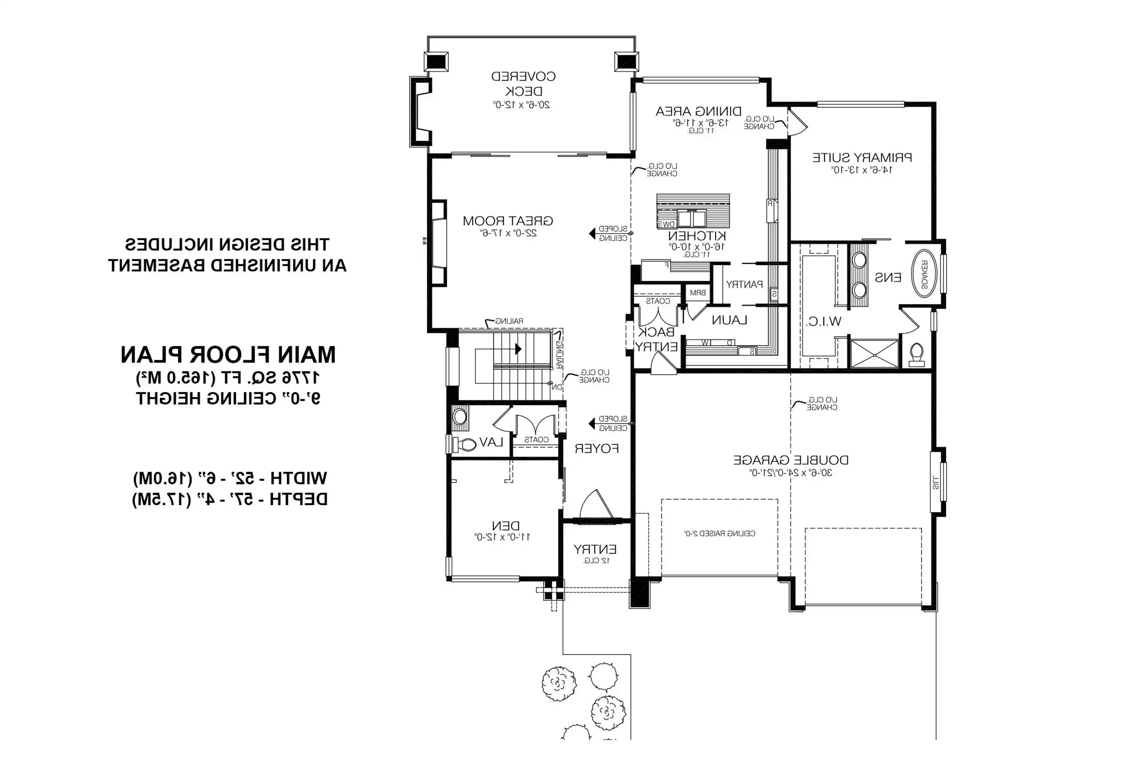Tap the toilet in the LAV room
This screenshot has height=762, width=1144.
[466, 444]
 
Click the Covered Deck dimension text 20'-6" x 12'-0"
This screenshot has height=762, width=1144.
[521, 105]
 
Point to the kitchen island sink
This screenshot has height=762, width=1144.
[692, 219]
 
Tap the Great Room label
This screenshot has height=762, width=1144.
[508, 221]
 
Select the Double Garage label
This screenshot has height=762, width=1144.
[790, 460]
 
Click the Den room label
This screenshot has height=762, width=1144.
[505, 526]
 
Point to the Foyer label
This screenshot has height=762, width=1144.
[596, 449]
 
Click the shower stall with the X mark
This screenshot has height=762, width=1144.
[874, 354]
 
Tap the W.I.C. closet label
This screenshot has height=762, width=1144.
[823, 321]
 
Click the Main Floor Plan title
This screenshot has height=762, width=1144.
[228, 355]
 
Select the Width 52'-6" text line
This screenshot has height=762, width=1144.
[230, 478]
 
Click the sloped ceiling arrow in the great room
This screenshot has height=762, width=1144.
[592, 234]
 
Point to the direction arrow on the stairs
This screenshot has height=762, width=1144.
[518, 349]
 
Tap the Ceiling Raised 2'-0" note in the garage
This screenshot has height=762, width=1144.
[720, 534]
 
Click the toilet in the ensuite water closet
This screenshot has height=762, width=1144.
[917, 354]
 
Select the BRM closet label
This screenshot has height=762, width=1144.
[698, 293]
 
